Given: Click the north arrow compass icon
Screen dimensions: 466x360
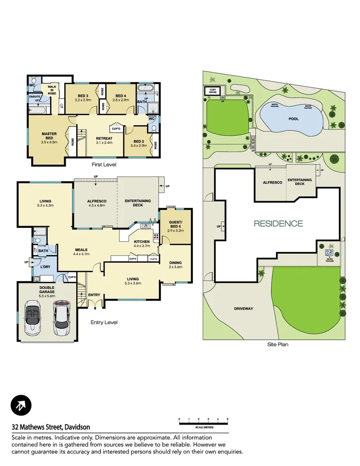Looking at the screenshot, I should [x=21, y=405].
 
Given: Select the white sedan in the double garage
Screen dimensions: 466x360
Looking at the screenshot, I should [x=61, y=315].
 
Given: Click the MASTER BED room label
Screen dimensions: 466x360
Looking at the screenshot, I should [x=49, y=136].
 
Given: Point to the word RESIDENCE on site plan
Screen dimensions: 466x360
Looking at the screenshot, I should [x=278, y=224].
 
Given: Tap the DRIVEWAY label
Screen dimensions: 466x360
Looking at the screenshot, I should [x=244, y=309].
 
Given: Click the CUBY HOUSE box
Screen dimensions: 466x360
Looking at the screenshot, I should [x=212, y=91].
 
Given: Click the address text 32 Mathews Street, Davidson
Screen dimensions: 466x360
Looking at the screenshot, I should [x=51, y=427].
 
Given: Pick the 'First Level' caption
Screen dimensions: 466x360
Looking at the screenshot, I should [x=104, y=164].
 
